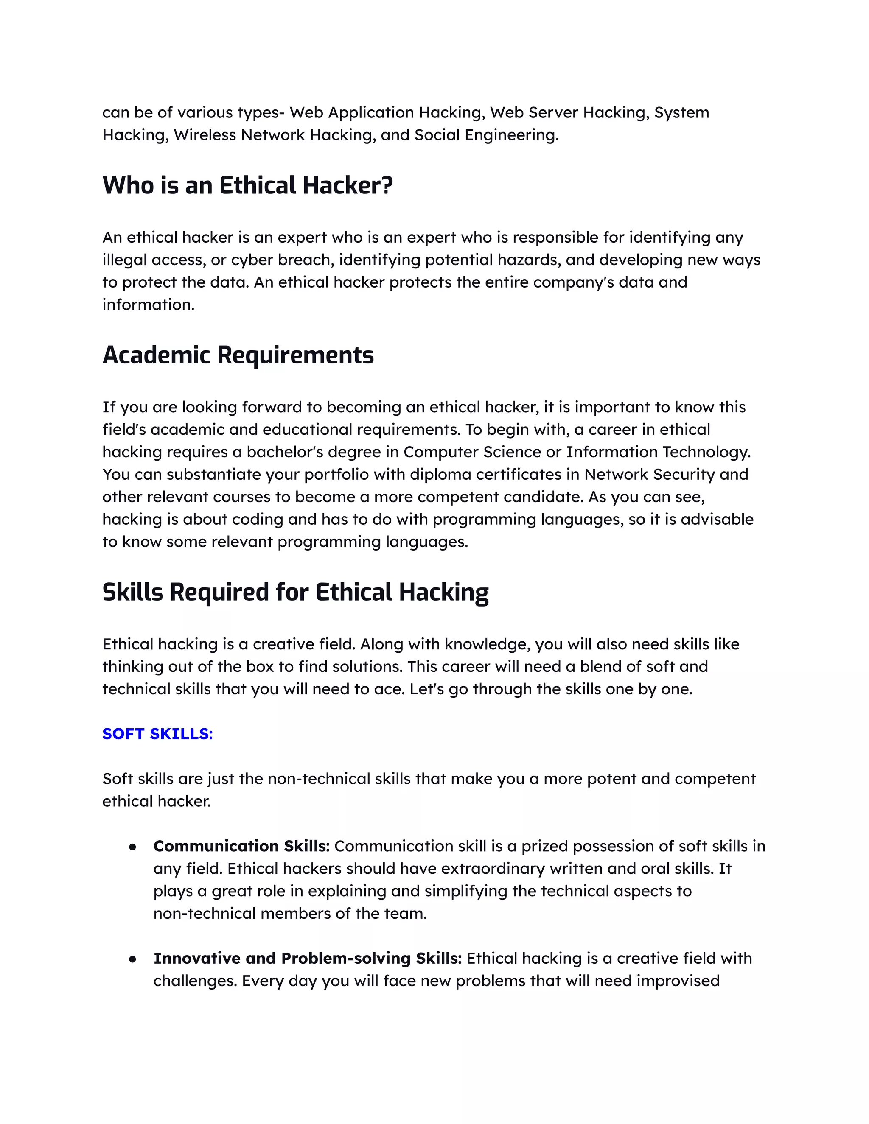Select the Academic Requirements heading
coord(238,355)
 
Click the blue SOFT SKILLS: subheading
coord(157,734)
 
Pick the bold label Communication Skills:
coord(241,846)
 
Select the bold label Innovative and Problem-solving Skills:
coord(307,958)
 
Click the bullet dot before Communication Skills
coord(133,847)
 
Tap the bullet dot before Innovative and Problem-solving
coord(133,959)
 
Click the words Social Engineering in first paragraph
coord(485,135)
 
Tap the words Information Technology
coord(658,452)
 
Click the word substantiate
coord(214,474)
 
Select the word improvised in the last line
coord(678,981)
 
